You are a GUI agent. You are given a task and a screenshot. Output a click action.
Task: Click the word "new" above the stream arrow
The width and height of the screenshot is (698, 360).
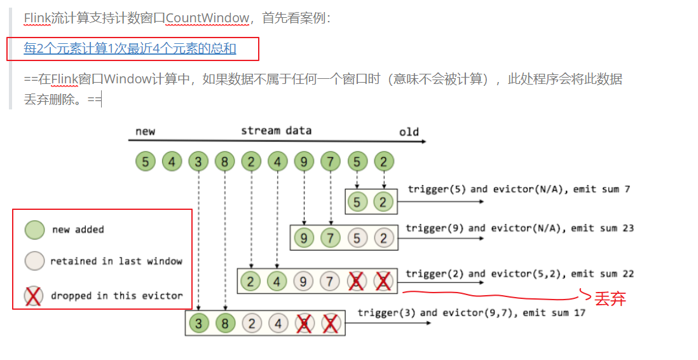[x=146, y=132]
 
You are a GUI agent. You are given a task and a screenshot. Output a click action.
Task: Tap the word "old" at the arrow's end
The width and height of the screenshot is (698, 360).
[x=409, y=132]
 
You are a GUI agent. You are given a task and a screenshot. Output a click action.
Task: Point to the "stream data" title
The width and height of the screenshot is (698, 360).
[x=276, y=130]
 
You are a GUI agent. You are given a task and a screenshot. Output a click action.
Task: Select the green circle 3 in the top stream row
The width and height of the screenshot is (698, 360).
[x=198, y=162]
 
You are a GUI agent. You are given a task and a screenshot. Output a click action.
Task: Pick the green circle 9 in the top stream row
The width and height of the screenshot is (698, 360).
[x=304, y=162]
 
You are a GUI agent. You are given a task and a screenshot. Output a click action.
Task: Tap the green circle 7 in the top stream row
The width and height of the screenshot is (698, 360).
[x=331, y=162]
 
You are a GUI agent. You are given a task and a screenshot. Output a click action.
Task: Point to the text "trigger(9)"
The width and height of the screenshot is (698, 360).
[x=430, y=228]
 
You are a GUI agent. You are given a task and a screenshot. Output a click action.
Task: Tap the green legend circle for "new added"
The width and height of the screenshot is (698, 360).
[x=34, y=230]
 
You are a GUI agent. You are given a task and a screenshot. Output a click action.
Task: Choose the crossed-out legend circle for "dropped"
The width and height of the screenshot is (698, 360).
[x=34, y=296]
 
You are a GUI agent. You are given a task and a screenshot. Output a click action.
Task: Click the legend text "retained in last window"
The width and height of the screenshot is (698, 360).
[x=116, y=261]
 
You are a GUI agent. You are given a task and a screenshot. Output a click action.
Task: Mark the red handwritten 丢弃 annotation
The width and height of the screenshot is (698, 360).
[x=610, y=298]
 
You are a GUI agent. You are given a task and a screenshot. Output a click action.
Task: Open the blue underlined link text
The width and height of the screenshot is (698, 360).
[x=130, y=48]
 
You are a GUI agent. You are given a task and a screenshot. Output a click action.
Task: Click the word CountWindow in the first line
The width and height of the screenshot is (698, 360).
[x=207, y=18]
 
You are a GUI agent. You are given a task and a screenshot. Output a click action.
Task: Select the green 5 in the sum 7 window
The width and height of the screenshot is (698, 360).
[x=357, y=202]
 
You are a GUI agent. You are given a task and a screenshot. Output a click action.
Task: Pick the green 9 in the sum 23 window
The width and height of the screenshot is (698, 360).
[x=305, y=239]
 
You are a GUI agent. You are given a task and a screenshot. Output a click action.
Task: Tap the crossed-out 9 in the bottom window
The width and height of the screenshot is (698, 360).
[x=305, y=324]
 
